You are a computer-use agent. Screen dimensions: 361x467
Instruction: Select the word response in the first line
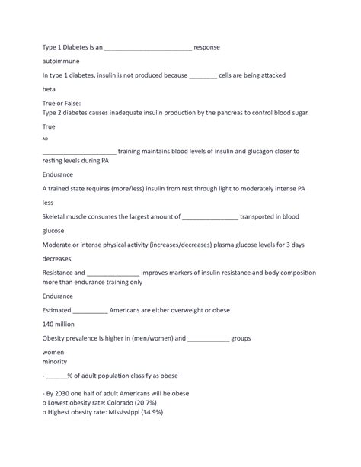click(207, 47)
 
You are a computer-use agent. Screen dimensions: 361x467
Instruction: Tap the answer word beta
click(50, 89)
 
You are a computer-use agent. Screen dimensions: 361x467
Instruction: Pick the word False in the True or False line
click(80, 103)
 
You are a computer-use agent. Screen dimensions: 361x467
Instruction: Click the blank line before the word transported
click(210, 217)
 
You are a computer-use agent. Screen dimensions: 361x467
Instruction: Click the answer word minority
click(56, 362)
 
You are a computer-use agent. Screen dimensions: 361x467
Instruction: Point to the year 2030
click(69, 393)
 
